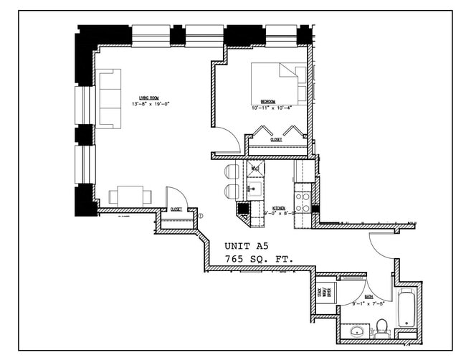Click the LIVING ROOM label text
(x=148, y=98)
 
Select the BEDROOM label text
(x=268, y=102)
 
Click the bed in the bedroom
(x=277, y=82)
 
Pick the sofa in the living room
(x=109, y=98)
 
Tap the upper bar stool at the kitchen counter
(x=231, y=171)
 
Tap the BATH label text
(x=368, y=295)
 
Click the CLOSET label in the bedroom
(x=276, y=141)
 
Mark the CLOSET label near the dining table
(x=176, y=209)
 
